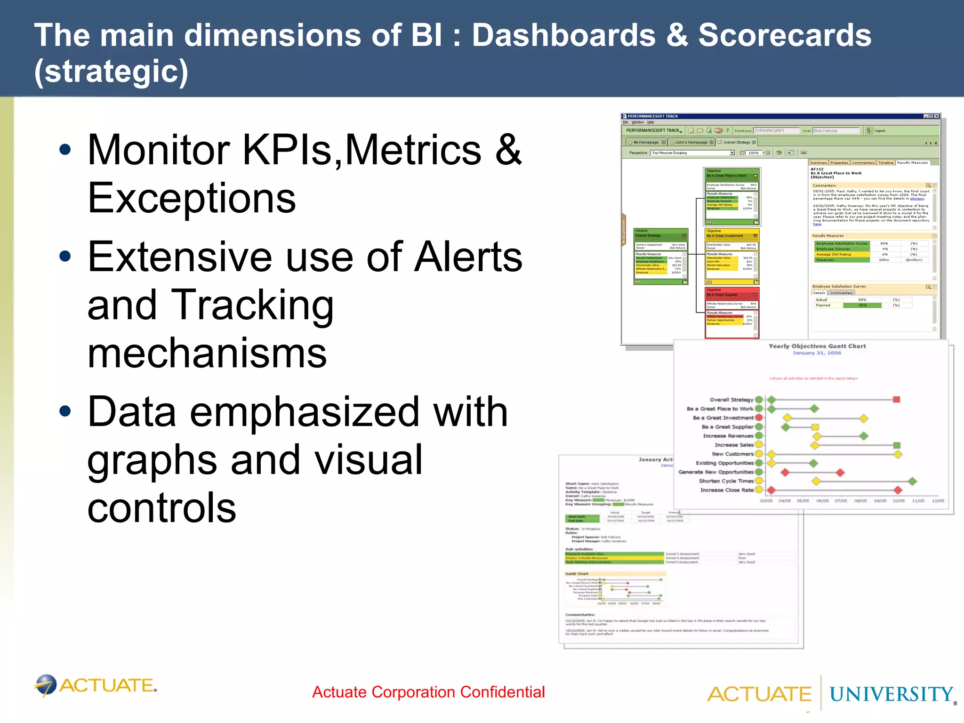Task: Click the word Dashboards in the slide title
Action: tap(563, 36)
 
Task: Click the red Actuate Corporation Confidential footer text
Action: tap(428, 692)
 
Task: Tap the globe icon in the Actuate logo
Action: tap(46, 685)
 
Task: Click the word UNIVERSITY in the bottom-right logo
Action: tap(891, 694)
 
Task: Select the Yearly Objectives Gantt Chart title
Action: tap(817, 346)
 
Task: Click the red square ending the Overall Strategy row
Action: tap(897, 400)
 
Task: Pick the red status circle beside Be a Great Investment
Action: tap(759, 418)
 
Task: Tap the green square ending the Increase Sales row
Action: tap(897, 445)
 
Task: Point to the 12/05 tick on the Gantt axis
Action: tap(938, 501)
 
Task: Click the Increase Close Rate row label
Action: tap(727, 490)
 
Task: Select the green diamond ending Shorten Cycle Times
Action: tap(912, 481)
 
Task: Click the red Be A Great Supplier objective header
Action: tap(731, 293)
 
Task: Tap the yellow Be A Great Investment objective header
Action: tap(731, 233)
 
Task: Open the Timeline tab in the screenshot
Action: tap(885, 162)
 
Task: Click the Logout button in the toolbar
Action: tap(879, 131)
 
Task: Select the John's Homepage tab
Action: tap(691, 142)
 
